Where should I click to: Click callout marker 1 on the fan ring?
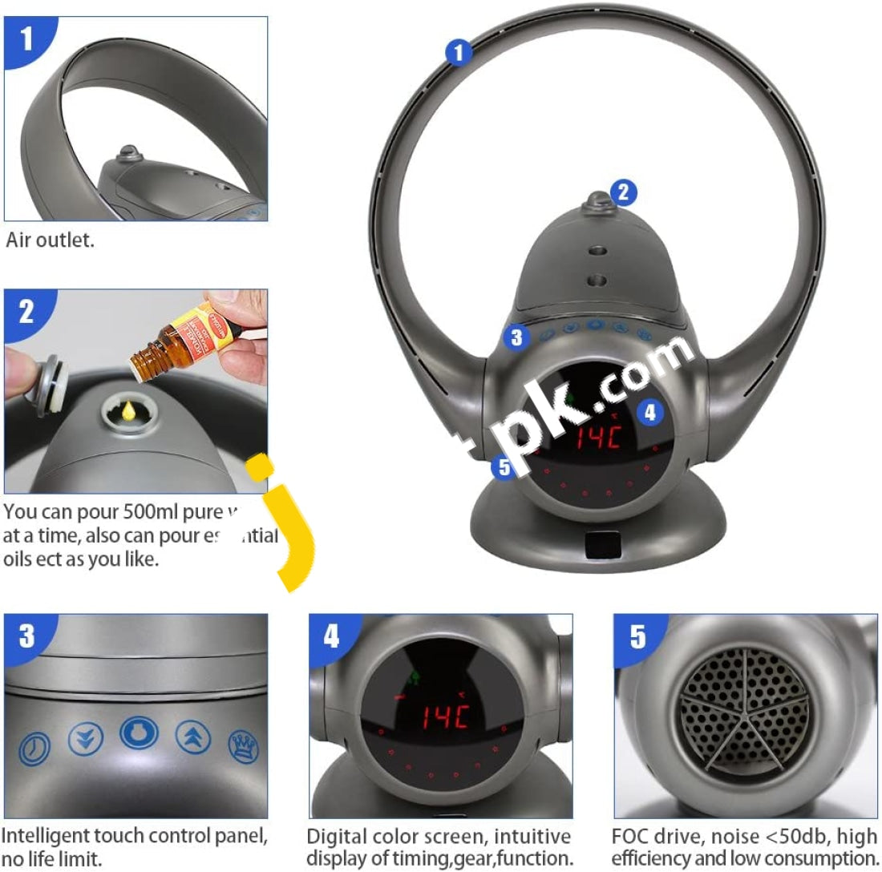(x=458, y=54)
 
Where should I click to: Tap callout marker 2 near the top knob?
(x=623, y=192)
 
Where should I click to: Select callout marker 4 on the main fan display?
(x=649, y=412)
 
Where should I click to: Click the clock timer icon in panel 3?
(x=34, y=747)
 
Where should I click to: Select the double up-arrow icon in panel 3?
(x=189, y=737)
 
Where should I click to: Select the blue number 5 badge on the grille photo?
(x=638, y=637)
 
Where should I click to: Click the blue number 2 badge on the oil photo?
(x=28, y=312)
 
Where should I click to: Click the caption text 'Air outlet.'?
(x=50, y=240)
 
